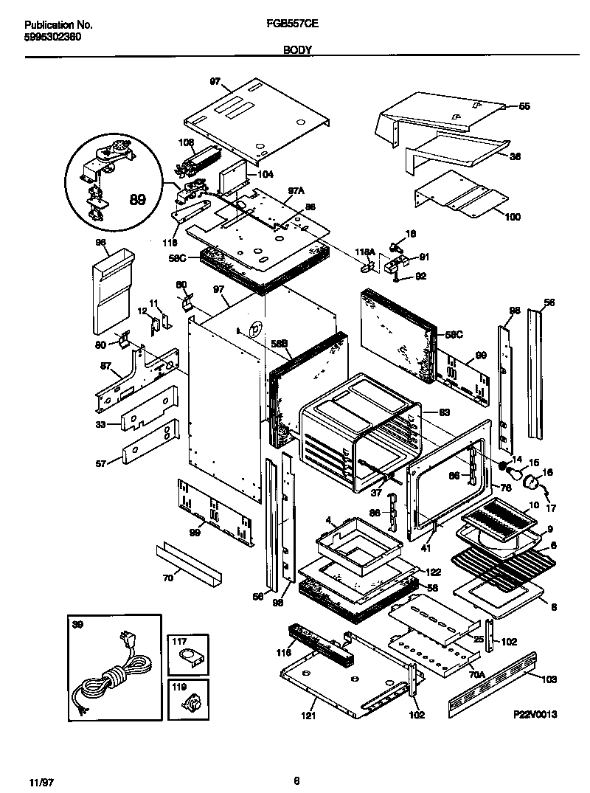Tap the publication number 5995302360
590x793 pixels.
(x=43, y=36)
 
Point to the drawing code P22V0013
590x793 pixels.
(x=535, y=714)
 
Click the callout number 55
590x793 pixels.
(x=524, y=106)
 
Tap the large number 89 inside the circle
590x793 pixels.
(x=137, y=198)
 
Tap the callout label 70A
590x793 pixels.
(x=476, y=673)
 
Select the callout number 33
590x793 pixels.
(x=100, y=424)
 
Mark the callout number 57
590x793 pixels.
(x=100, y=463)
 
